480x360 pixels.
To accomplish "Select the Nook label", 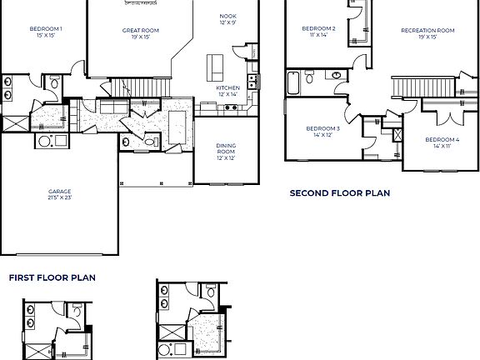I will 227,17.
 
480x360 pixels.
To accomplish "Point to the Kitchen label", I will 227,87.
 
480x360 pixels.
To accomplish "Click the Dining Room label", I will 226,147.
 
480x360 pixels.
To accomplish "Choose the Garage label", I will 59,191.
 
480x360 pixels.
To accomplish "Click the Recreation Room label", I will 427,30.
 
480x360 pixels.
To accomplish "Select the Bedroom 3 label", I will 322,128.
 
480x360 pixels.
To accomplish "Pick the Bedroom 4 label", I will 441,139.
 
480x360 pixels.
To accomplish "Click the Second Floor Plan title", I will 339,193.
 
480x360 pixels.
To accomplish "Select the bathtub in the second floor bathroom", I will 293,82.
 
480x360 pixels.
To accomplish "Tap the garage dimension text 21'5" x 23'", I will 59,198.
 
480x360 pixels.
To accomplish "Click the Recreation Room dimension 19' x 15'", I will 427,37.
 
